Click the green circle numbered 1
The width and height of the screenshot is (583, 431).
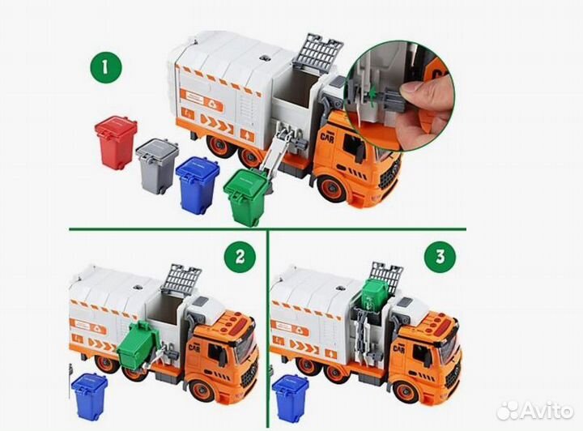point(106,68)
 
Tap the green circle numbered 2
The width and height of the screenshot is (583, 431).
point(240,257)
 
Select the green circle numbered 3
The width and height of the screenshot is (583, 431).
point(440,257)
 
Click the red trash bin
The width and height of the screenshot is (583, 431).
point(117,143)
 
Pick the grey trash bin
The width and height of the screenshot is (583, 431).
point(157,165)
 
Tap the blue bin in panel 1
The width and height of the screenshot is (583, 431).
point(198,186)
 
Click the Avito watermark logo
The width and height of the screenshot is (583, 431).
point(535,411)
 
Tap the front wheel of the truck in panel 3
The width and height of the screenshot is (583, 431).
point(406,390)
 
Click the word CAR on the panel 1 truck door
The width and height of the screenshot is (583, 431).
point(328,136)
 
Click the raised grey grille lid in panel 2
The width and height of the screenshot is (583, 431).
point(181,278)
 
